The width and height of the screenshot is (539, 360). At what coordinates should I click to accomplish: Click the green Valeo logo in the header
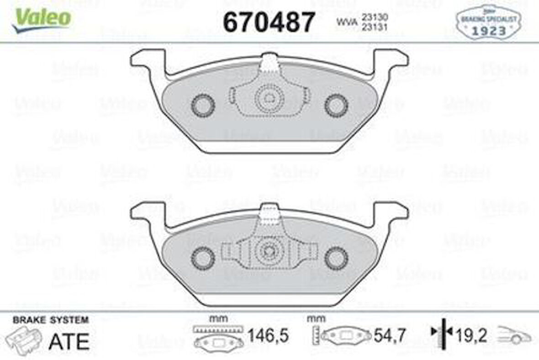coord(42,19)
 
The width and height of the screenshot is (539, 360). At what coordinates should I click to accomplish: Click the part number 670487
coord(269,21)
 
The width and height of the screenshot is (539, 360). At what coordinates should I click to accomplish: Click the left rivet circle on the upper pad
coord(203,106)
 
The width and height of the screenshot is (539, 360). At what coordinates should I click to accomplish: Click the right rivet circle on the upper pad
coord(336,106)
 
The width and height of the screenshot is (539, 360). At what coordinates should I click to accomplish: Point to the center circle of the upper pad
coord(269,97)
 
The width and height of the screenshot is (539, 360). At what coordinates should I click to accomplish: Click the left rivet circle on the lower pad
coord(203,258)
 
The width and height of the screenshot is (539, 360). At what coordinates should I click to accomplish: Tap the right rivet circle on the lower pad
coord(336,258)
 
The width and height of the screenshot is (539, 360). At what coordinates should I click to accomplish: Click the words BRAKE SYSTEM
coord(51,320)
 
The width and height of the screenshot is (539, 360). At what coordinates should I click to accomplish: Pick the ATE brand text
coord(69,340)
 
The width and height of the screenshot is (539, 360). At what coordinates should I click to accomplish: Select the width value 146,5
coord(268,337)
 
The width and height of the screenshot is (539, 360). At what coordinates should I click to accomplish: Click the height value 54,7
coord(390,337)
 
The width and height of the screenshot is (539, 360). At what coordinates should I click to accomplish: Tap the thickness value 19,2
coord(471,337)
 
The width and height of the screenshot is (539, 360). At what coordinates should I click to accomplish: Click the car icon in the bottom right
coord(515,336)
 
